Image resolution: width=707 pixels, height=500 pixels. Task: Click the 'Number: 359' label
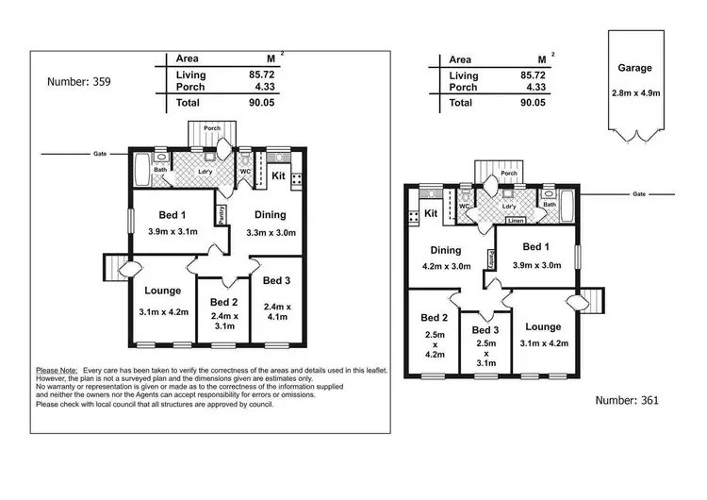click(x=79, y=82)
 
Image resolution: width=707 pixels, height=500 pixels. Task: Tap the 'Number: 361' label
click(x=627, y=400)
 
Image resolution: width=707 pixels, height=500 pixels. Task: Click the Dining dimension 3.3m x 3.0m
click(x=271, y=232)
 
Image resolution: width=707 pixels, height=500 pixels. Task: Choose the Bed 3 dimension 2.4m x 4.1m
click(x=276, y=311)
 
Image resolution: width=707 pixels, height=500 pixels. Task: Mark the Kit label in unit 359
click(x=279, y=175)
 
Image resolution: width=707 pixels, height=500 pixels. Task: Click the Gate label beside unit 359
click(x=99, y=153)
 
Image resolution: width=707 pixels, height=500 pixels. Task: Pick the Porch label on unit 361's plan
click(x=509, y=174)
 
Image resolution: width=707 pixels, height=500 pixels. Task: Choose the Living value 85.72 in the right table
click(x=533, y=75)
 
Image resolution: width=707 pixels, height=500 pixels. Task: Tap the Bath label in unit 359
click(x=161, y=170)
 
